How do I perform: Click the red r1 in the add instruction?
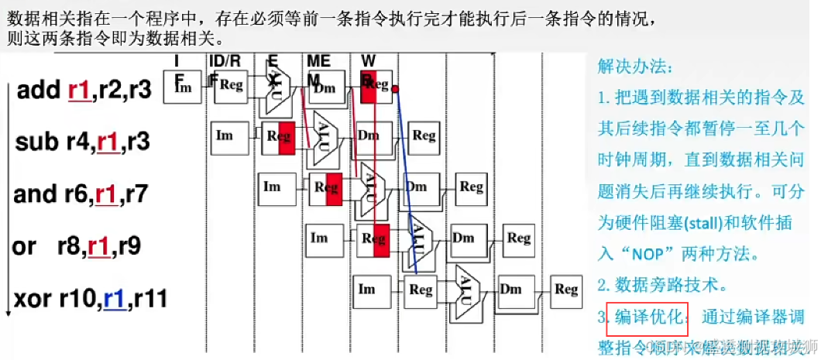tap(79, 91)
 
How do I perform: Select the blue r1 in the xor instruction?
tap(115, 298)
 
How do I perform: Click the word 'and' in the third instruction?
tap(33, 194)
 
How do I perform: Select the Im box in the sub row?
tap(225, 136)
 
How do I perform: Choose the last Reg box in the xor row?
tap(565, 290)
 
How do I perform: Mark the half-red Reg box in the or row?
tap(373, 238)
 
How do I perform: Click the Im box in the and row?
tap(272, 187)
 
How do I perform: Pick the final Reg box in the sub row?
tap(424, 136)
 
